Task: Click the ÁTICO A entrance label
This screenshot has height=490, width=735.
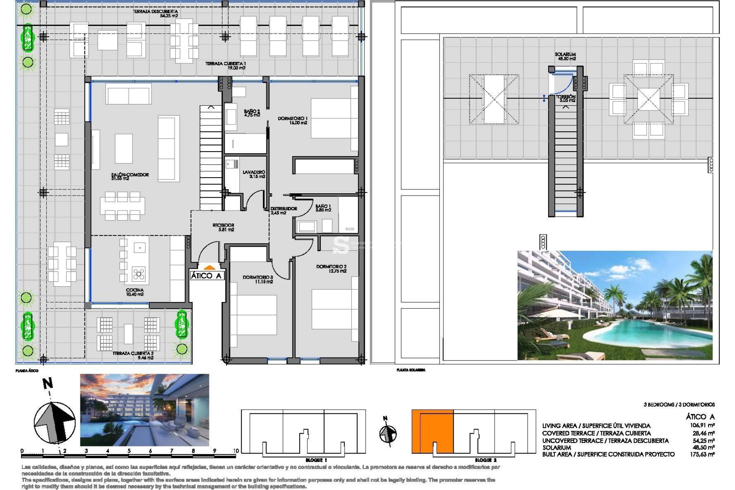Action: point(206,276)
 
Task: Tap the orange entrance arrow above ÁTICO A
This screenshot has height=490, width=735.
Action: point(209,268)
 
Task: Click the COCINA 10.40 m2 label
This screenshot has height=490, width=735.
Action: point(135,292)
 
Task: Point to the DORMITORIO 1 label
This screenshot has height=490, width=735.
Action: point(292,121)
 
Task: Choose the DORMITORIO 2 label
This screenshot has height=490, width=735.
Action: point(331,269)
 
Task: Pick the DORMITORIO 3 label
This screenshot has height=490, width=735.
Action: point(258,279)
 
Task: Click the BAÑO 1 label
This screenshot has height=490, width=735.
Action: point(323,208)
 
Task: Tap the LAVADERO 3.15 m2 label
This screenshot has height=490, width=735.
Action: point(254,174)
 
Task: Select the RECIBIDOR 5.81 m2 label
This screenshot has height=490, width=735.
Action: point(223,227)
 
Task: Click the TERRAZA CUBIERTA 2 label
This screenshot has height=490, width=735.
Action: point(133,355)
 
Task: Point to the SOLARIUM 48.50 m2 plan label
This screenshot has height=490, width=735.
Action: point(565,57)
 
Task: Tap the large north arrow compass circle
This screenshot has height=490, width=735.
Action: point(54,422)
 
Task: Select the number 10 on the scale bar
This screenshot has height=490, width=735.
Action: point(236,451)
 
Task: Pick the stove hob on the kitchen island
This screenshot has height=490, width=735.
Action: point(139,274)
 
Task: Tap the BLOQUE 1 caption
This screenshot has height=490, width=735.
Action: point(316,460)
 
